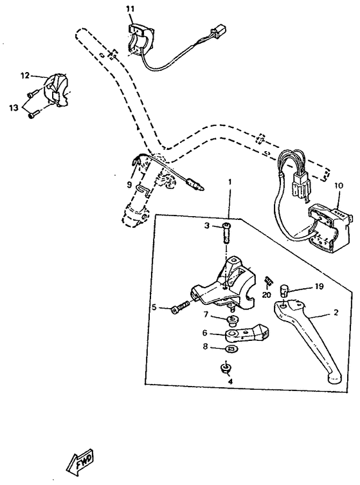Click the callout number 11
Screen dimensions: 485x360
[x=130, y=8]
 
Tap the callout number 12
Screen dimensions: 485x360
[x=24, y=76]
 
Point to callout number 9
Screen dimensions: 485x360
[x=129, y=185]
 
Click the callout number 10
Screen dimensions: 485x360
[x=339, y=185]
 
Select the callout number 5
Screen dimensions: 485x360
[x=154, y=307]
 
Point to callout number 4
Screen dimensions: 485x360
[x=230, y=381]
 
